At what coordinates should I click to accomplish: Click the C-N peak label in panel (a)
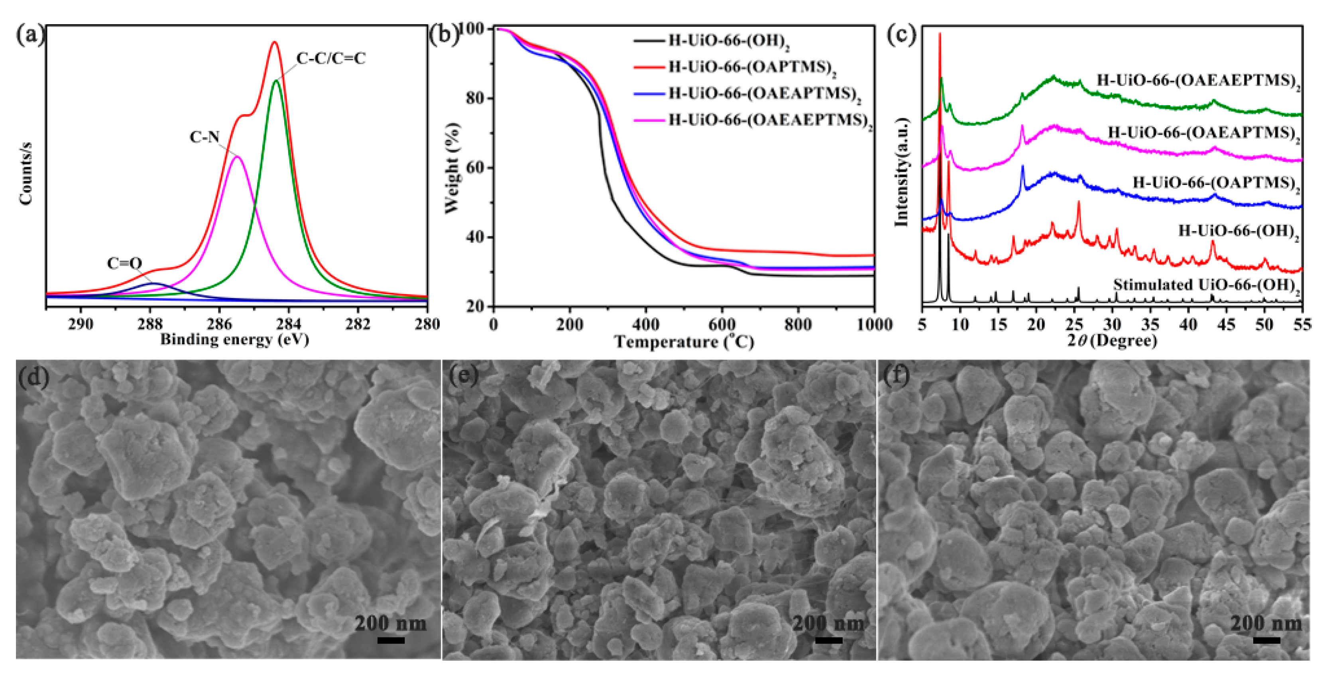coord(204,137)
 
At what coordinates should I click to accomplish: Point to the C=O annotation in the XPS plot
coord(124,263)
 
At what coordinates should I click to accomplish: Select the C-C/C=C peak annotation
coord(331,59)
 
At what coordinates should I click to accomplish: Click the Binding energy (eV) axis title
coord(235,340)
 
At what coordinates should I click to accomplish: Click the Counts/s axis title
coord(26,174)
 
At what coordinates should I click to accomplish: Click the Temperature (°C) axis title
coord(684,341)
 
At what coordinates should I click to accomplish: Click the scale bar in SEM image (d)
coord(391,640)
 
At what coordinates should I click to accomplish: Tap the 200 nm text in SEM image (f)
coord(1266,624)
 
